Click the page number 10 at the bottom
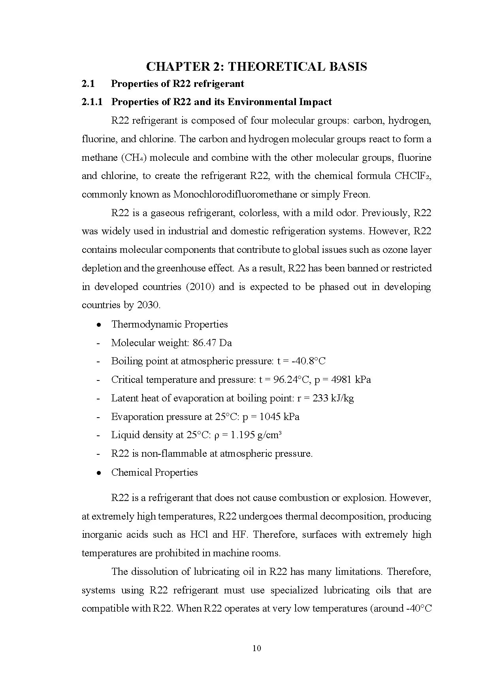tap(256, 648)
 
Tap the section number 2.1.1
tap(92, 102)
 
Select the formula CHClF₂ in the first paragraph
tap(412, 176)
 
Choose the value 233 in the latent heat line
tap(320, 398)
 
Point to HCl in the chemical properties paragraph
tap(199, 535)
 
